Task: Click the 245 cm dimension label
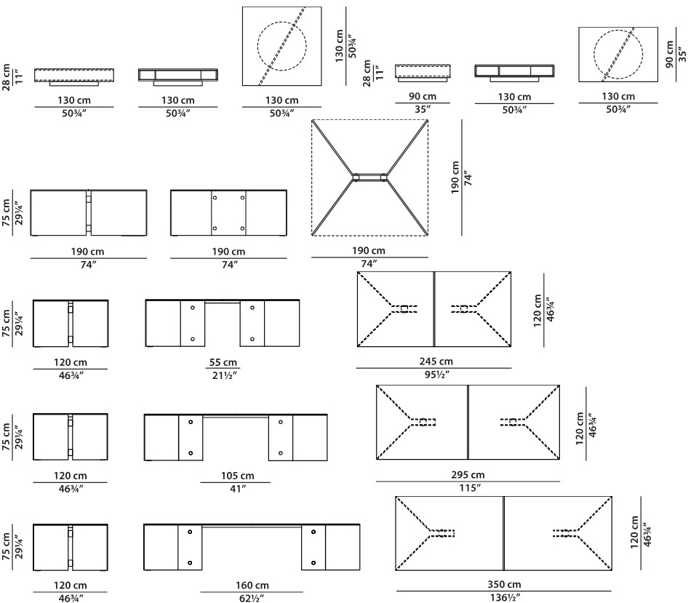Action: (436, 362)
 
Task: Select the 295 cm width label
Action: (468, 474)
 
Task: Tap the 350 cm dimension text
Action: (504, 584)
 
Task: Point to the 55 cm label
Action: (223, 362)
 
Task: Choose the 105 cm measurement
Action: (237, 475)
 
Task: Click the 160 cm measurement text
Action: (252, 585)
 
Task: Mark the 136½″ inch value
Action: (505, 597)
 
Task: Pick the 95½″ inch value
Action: (436, 375)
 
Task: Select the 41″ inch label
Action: (237, 489)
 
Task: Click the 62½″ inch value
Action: (252, 598)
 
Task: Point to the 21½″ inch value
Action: (223, 375)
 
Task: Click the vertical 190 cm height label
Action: (455, 177)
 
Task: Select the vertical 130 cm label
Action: (339, 46)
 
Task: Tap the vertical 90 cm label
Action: (669, 54)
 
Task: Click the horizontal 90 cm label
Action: (422, 96)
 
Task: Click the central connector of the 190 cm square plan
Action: (370, 177)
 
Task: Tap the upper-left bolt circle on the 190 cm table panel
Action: (215, 198)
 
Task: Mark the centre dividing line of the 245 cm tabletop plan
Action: (434, 309)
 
